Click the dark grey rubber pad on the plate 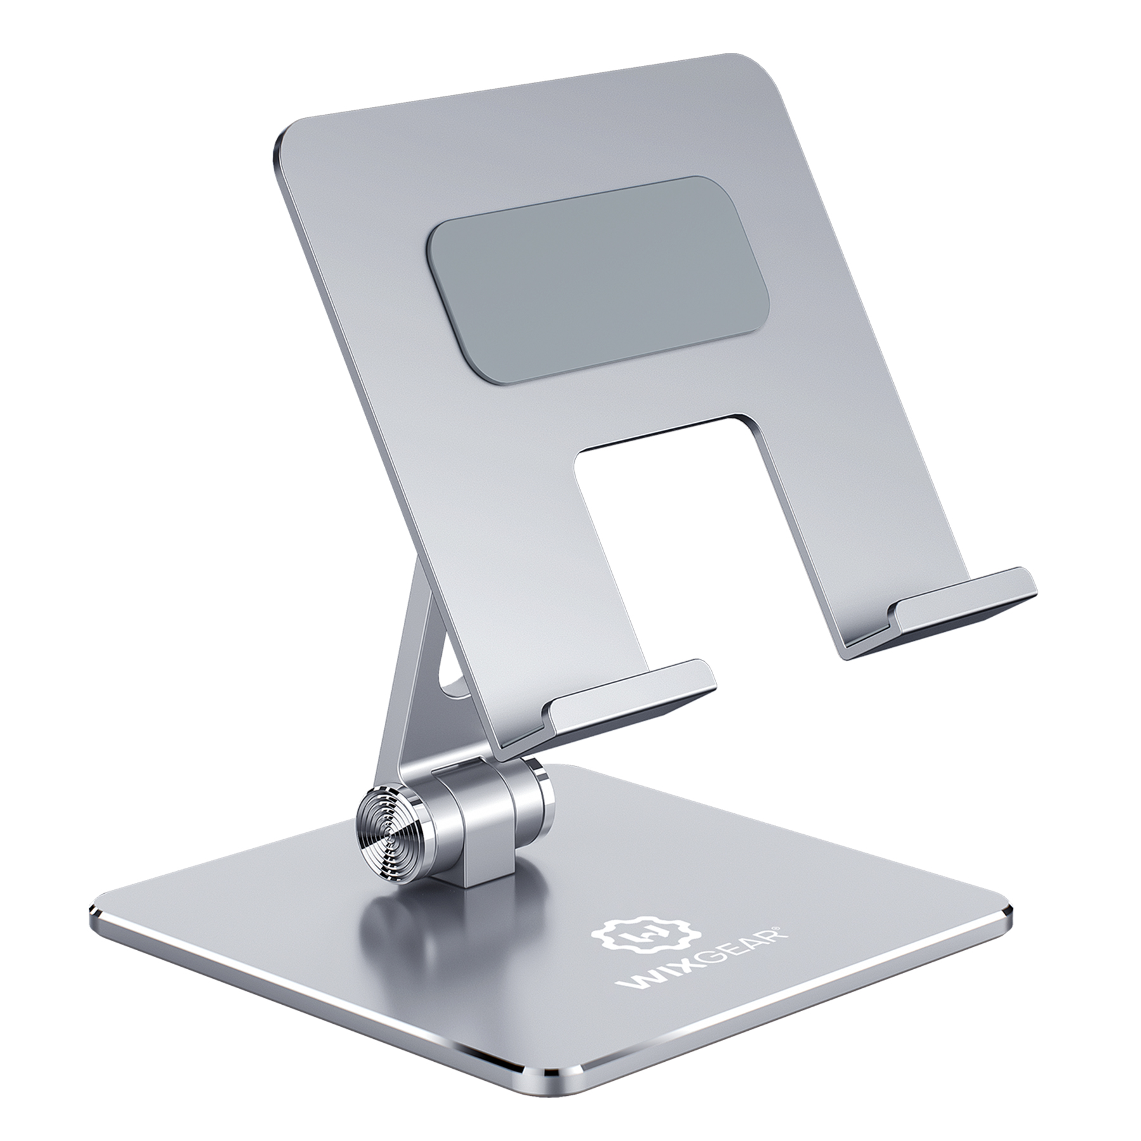pyautogui.click(x=599, y=279)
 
